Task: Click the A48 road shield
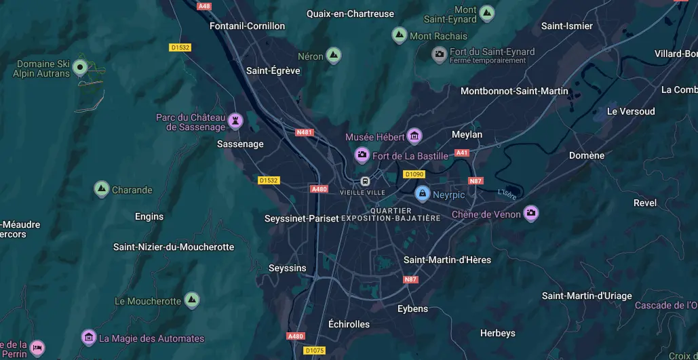click(204, 5)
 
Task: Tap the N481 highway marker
click(305, 132)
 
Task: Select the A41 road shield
click(462, 153)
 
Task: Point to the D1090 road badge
click(414, 174)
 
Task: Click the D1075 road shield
click(314, 351)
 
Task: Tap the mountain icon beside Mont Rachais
click(400, 35)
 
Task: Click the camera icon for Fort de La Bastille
click(362, 155)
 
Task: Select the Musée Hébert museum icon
click(414, 136)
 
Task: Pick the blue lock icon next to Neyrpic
click(422, 194)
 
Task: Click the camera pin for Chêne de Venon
click(530, 214)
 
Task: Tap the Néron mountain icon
click(333, 56)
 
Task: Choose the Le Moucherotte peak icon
click(192, 300)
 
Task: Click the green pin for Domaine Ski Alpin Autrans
click(80, 66)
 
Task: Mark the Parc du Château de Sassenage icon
click(235, 121)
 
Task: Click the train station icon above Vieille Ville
click(365, 181)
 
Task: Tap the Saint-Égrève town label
click(273, 71)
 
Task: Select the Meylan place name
click(467, 134)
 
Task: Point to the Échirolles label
click(349, 324)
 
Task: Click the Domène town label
click(586, 155)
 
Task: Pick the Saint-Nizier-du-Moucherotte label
click(174, 247)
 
